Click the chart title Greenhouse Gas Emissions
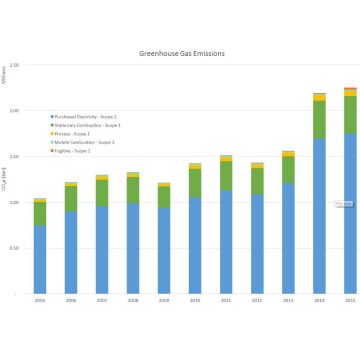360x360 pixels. (x=180, y=53)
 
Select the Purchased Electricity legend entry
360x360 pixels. (x=85, y=117)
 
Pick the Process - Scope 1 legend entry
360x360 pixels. (x=75, y=134)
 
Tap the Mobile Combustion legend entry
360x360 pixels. (x=84, y=142)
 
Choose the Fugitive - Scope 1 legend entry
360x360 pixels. (x=75, y=151)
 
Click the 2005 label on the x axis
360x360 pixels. (x=40, y=299)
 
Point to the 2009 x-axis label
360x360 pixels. (x=164, y=299)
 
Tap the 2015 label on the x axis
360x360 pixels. (x=350, y=299)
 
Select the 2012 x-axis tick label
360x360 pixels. (x=257, y=299)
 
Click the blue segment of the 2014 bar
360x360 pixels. (x=319, y=215)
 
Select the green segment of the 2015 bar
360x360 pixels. (x=350, y=115)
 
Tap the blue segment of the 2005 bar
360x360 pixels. (x=40, y=260)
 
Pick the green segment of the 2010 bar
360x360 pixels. (x=195, y=183)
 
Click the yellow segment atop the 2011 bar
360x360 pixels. (x=226, y=158)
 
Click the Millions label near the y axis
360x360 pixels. (x=5, y=75)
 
